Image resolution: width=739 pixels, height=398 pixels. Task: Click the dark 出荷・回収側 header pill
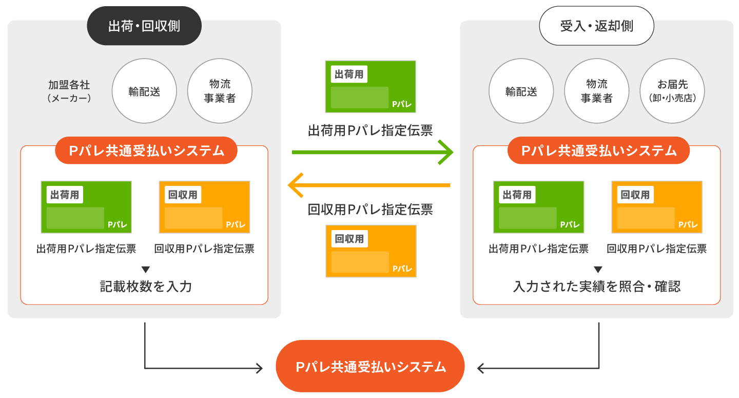pyautogui.click(x=144, y=26)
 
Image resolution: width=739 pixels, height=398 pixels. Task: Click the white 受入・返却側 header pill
pyautogui.click(x=596, y=26)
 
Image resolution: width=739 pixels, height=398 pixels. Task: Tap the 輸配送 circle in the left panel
pyautogui.click(x=144, y=91)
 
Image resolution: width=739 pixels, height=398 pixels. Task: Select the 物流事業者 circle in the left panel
pyautogui.click(x=220, y=91)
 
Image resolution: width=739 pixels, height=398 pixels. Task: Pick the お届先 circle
pyautogui.click(x=672, y=91)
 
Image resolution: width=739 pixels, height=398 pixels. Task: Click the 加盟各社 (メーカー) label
pyautogui.click(x=69, y=91)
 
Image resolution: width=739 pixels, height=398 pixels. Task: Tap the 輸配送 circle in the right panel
pyautogui.click(x=521, y=91)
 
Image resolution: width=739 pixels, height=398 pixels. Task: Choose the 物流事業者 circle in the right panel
pyautogui.click(x=596, y=91)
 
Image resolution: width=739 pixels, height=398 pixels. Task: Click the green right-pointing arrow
pyautogui.click(x=373, y=153)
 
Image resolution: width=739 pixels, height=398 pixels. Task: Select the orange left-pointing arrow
pyautogui.click(x=369, y=185)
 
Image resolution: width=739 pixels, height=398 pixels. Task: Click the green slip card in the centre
pyautogui.click(x=371, y=87)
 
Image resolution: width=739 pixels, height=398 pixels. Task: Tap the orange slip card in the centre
pyautogui.click(x=371, y=251)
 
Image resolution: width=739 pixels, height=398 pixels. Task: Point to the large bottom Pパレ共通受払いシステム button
pyautogui.click(x=370, y=367)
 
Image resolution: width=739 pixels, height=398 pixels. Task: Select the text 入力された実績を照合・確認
pyautogui.click(x=596, y=286)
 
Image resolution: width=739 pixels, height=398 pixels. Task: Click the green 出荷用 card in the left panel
pyautogui.click(x=86, y=207)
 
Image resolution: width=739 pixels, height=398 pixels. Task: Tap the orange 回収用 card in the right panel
pyautogui.click(x=657, y=207)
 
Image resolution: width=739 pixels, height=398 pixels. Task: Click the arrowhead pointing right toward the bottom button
pyautogui.click(x=259, y=368)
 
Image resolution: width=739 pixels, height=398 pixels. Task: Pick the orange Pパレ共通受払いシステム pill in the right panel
pyautogui.click(x=598, y=150)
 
